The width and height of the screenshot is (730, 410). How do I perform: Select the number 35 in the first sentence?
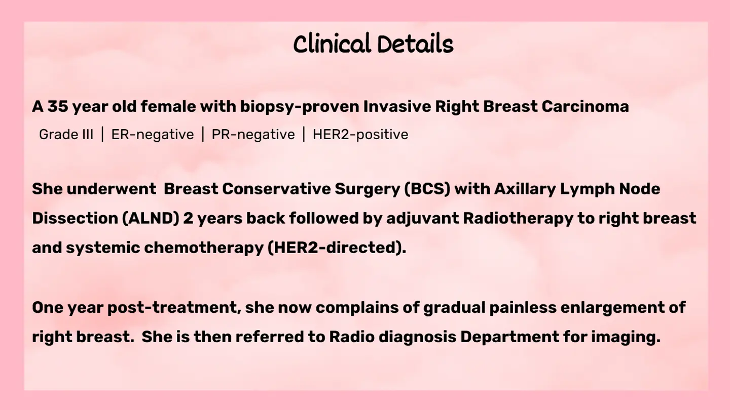tap(58, 106)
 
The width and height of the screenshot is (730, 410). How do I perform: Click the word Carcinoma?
tap(586, 106)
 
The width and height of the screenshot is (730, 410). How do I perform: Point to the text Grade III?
tap(66, 135)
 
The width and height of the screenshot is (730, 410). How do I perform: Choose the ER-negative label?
tap(153, 135)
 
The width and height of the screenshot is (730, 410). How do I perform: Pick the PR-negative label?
tap(253, 135)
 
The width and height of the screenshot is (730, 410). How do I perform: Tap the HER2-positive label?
tap(360, 135)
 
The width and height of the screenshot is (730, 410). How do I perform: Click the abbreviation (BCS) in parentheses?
tap(427, 189)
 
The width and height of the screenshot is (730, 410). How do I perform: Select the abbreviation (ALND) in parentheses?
tap(151, 218)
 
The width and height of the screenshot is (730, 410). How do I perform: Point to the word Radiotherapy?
tap(518, 218)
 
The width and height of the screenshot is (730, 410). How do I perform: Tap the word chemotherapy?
tap(204, 248)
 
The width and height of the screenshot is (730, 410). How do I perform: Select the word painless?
tap(523, 308)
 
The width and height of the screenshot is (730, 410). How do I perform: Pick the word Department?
tap(509, 337)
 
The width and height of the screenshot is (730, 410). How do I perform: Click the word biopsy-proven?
tap(300, 107)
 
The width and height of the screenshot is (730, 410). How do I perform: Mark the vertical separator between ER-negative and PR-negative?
tap(203, 135)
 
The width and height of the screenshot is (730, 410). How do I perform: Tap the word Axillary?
tap(525, 189)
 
